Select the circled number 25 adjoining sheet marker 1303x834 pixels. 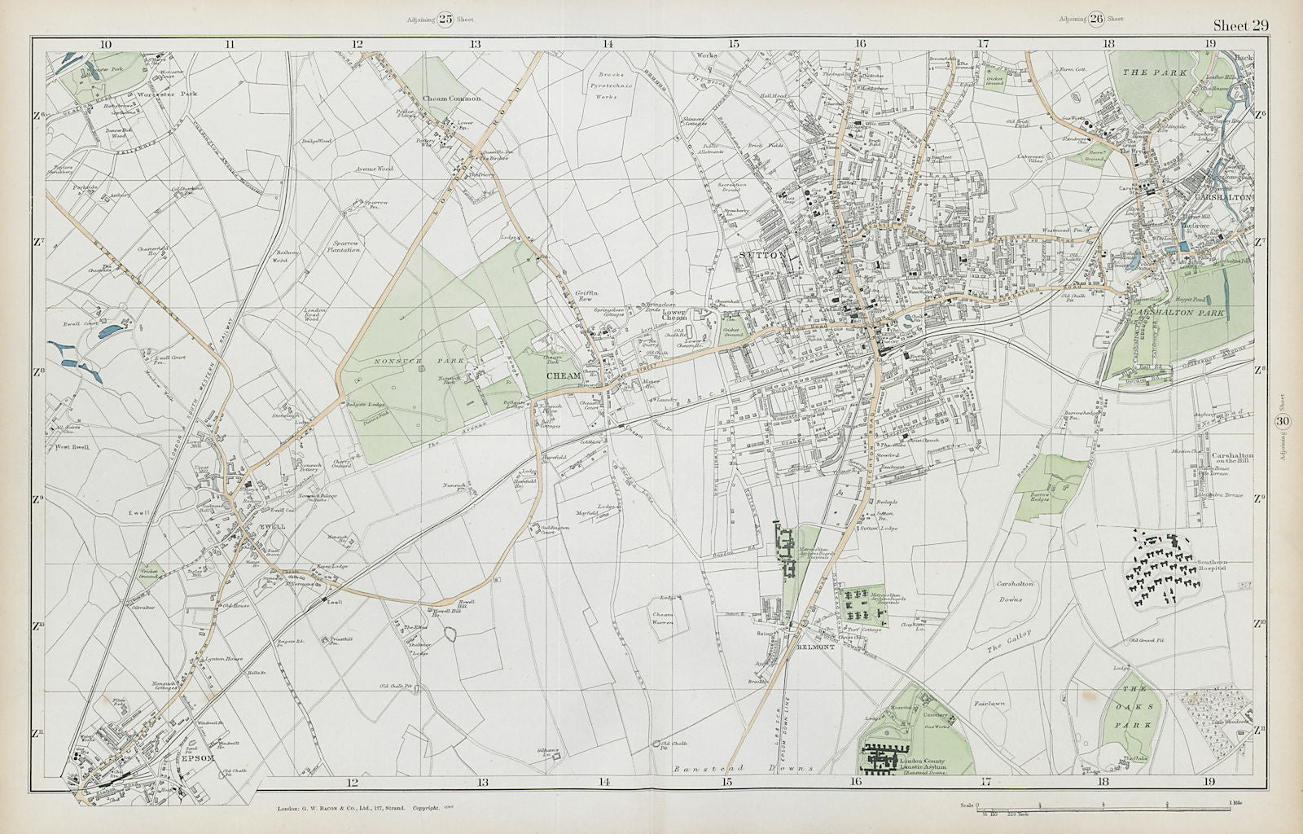point(445,19)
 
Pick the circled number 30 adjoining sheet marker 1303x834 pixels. point(1283,420)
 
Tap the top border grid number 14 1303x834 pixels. point(608,43)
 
